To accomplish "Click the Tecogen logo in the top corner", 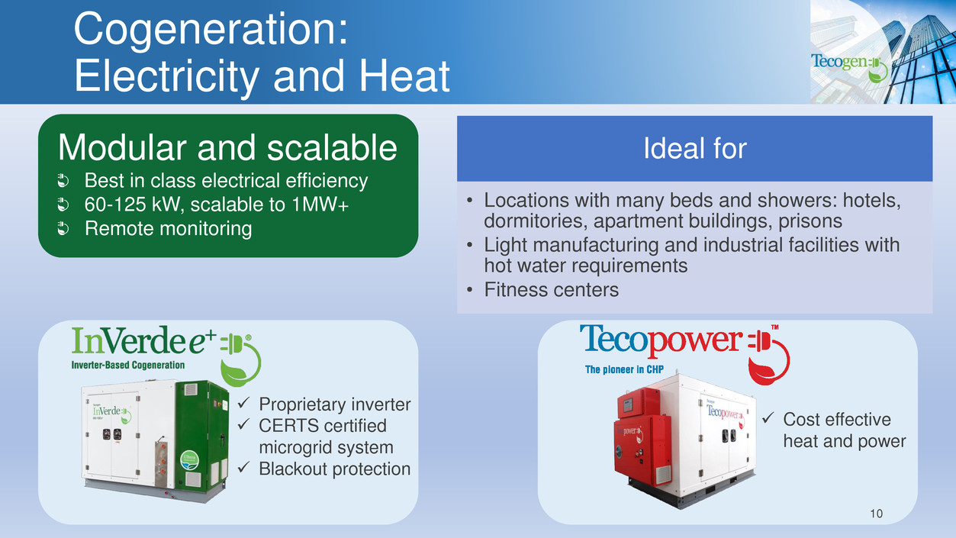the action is point(850,67).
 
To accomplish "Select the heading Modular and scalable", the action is point(227,147).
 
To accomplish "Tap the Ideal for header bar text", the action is point(695,149).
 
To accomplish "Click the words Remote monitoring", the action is point(168,228).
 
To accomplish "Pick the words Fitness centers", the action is point(551,289).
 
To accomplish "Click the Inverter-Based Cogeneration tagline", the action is point(128,365).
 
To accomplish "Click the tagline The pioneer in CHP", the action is point(624,369).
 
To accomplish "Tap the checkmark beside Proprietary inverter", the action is point(243,402).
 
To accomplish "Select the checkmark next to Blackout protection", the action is point(243,467).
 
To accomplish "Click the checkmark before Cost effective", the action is point(768,417).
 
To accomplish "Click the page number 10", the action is point(876,514).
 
